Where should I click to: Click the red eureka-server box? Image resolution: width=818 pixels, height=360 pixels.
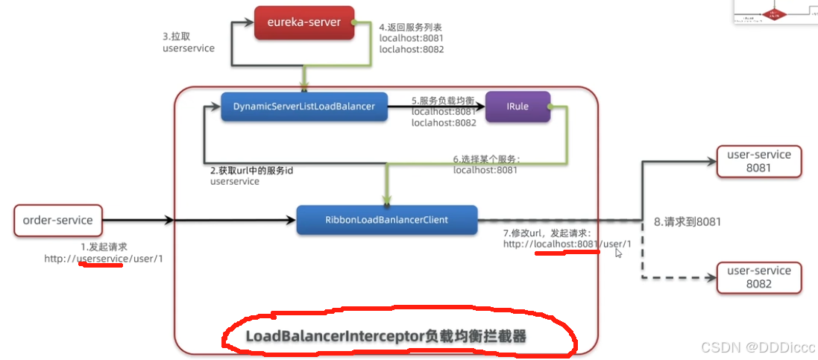pos(304,22)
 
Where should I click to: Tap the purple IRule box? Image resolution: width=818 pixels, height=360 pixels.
pos(517,107)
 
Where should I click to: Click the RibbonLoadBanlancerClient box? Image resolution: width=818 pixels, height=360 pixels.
pos(386,220)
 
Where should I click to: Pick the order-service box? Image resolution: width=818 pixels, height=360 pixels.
pos(57,220)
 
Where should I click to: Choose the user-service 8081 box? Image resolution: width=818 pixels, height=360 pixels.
pos(758,161)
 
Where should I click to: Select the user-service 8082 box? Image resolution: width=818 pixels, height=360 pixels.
pos(758,277)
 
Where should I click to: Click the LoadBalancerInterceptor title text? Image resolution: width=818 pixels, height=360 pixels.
pos(386,337)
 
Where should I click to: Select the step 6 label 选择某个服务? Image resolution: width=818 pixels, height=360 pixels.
pos(486,159)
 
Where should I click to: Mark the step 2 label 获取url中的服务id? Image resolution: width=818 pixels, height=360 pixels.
pos(252,171)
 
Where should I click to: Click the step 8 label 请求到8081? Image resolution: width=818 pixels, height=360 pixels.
pos(687,221)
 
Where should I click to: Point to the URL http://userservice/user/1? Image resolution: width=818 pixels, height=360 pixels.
pos(103,259)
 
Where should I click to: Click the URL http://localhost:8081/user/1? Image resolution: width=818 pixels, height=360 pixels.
pos(567,244)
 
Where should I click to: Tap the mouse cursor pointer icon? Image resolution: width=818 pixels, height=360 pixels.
pos(618,253)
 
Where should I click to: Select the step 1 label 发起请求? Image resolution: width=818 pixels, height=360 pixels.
pos(104,246)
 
